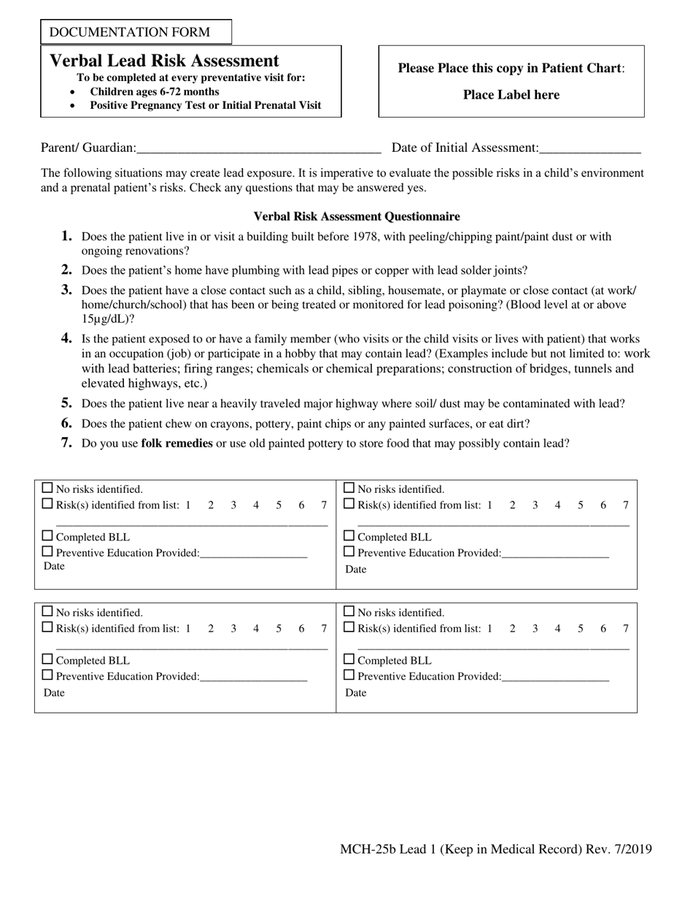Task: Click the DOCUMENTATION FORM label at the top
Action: tap(130, 32)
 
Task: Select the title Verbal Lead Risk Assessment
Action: tap(164, 61)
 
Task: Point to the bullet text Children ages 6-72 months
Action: tap(154, 92)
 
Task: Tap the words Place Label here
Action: tap(511, 95)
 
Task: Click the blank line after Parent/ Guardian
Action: tap(258, 148)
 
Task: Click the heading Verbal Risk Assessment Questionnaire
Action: tap(356, 217)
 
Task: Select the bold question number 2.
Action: tap(66, 270)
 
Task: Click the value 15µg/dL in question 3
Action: tap(105, 319)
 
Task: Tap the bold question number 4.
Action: tap(66, 339)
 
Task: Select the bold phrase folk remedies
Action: tap(177, 443)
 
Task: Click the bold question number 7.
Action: tap(66, 443)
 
